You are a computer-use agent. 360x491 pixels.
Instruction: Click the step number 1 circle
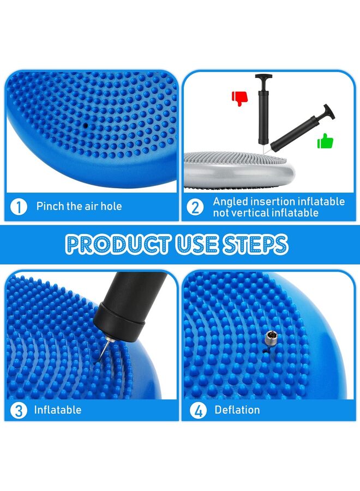[x=20, y=207]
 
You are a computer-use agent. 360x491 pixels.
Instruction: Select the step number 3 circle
[x=20, y=410]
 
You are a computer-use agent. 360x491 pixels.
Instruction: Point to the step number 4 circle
[x=198, y=410]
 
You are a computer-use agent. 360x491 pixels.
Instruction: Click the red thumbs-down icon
[x=239, y=98]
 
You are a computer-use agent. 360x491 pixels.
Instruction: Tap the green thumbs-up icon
[x=326, y=141]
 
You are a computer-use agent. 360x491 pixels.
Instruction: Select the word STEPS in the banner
[x=254, y=244]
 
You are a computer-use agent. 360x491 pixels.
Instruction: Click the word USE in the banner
[x=194, y=244]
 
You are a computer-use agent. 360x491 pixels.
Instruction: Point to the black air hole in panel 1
[x=86, y=125]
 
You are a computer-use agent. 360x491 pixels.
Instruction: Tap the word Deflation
[x=237, y=410]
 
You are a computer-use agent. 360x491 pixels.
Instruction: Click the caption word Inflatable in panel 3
[x=58, y=410]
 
